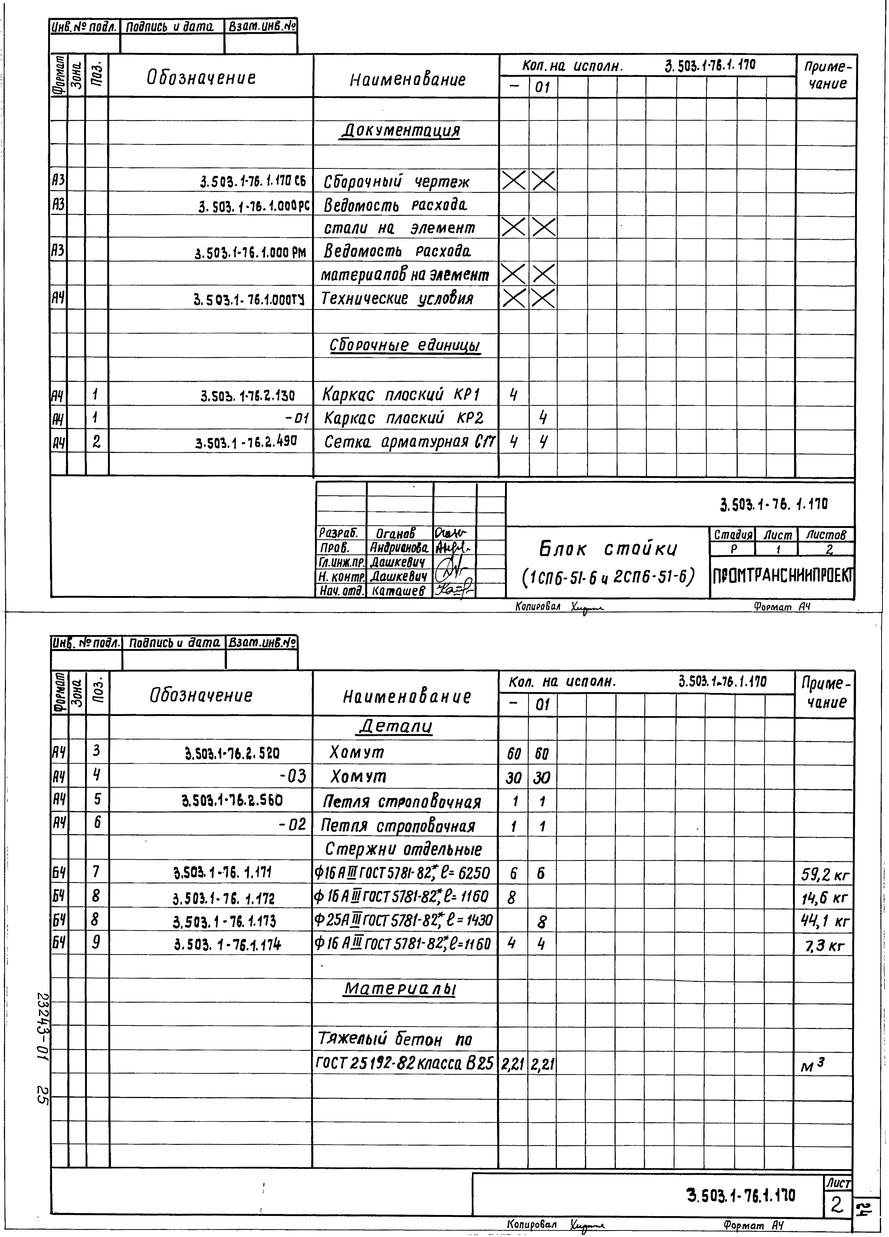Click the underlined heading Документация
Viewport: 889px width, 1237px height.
[x=401, y=131]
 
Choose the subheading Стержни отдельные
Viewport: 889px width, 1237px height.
[x=404, y=849]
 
